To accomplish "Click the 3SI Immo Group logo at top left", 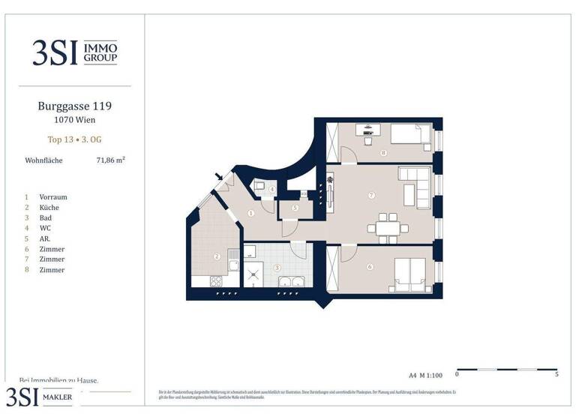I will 74,52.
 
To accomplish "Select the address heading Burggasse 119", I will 74,106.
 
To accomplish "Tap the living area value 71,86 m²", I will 110,160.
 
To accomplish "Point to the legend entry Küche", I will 49,207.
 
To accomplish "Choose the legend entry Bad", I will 46,217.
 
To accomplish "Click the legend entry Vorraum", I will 53,196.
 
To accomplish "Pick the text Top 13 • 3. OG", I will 74,139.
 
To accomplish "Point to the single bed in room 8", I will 409,135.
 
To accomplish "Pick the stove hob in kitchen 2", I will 215,282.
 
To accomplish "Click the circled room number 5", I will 295,208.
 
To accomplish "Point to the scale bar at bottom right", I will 507,370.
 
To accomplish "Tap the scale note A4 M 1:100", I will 426,374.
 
